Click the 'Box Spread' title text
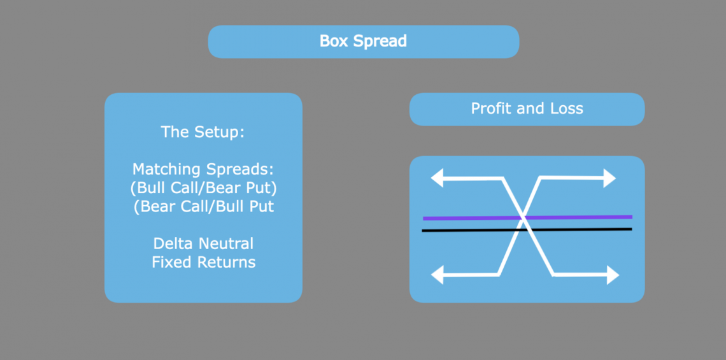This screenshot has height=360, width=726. click(x=363, y=41)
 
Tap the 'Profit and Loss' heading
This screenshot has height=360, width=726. click(x=527, y=108)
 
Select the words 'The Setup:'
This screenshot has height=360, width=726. click(x=203, y=132)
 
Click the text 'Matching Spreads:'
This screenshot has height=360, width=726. click(x=203, y=169)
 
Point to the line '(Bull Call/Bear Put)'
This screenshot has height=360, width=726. click(x=204, y=187)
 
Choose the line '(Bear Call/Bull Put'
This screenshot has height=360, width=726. click(x=204, y=206)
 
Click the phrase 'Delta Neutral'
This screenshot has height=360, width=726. click(x=203, y=243)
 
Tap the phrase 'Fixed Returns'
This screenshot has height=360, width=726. click(x=204, y=263)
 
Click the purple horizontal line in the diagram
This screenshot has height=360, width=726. click(x=527, y=217)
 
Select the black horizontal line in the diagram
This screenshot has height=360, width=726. click(x=527, y=229)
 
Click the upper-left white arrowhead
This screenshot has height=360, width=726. click(x=437, y=178)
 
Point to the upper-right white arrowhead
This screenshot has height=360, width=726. click(x=609, y=178)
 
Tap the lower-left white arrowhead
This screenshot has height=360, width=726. click(x=437, y=275)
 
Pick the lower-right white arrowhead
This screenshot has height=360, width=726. click(x=613, y=275)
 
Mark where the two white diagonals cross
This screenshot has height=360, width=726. click(x=523, y=218)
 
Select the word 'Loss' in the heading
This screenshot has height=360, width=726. click(x=566, y=108)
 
